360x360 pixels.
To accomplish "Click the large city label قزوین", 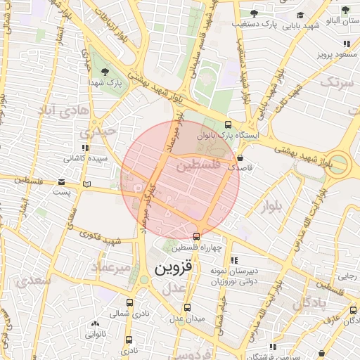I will coord(172,269).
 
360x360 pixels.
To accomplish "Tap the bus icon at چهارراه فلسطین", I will coord(196,236).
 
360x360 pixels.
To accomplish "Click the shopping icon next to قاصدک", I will coord(241,157).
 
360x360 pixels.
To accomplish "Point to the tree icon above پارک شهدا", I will coord(105,71).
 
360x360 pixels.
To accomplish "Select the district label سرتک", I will coord(337,82).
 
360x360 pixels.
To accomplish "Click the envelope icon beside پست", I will coord(86,184).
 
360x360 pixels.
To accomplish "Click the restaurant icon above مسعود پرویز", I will coord(345,44).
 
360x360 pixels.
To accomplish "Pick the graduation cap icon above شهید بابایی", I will coord(300,15).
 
